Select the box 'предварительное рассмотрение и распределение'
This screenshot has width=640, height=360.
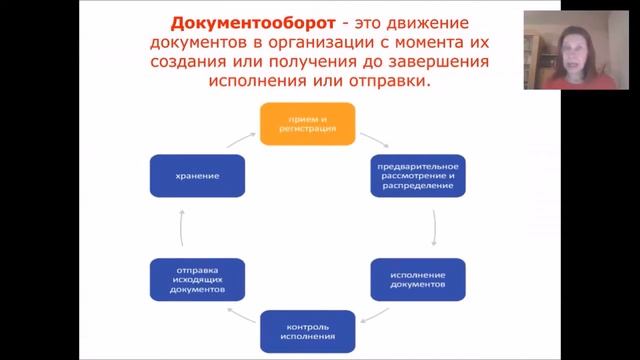tap(417, 175)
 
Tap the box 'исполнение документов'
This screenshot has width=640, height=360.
tap(417, 279)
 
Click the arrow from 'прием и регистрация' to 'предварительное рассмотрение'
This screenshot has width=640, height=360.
tap(373, 138)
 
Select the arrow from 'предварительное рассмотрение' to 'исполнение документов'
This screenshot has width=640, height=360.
tap(433, 228)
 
